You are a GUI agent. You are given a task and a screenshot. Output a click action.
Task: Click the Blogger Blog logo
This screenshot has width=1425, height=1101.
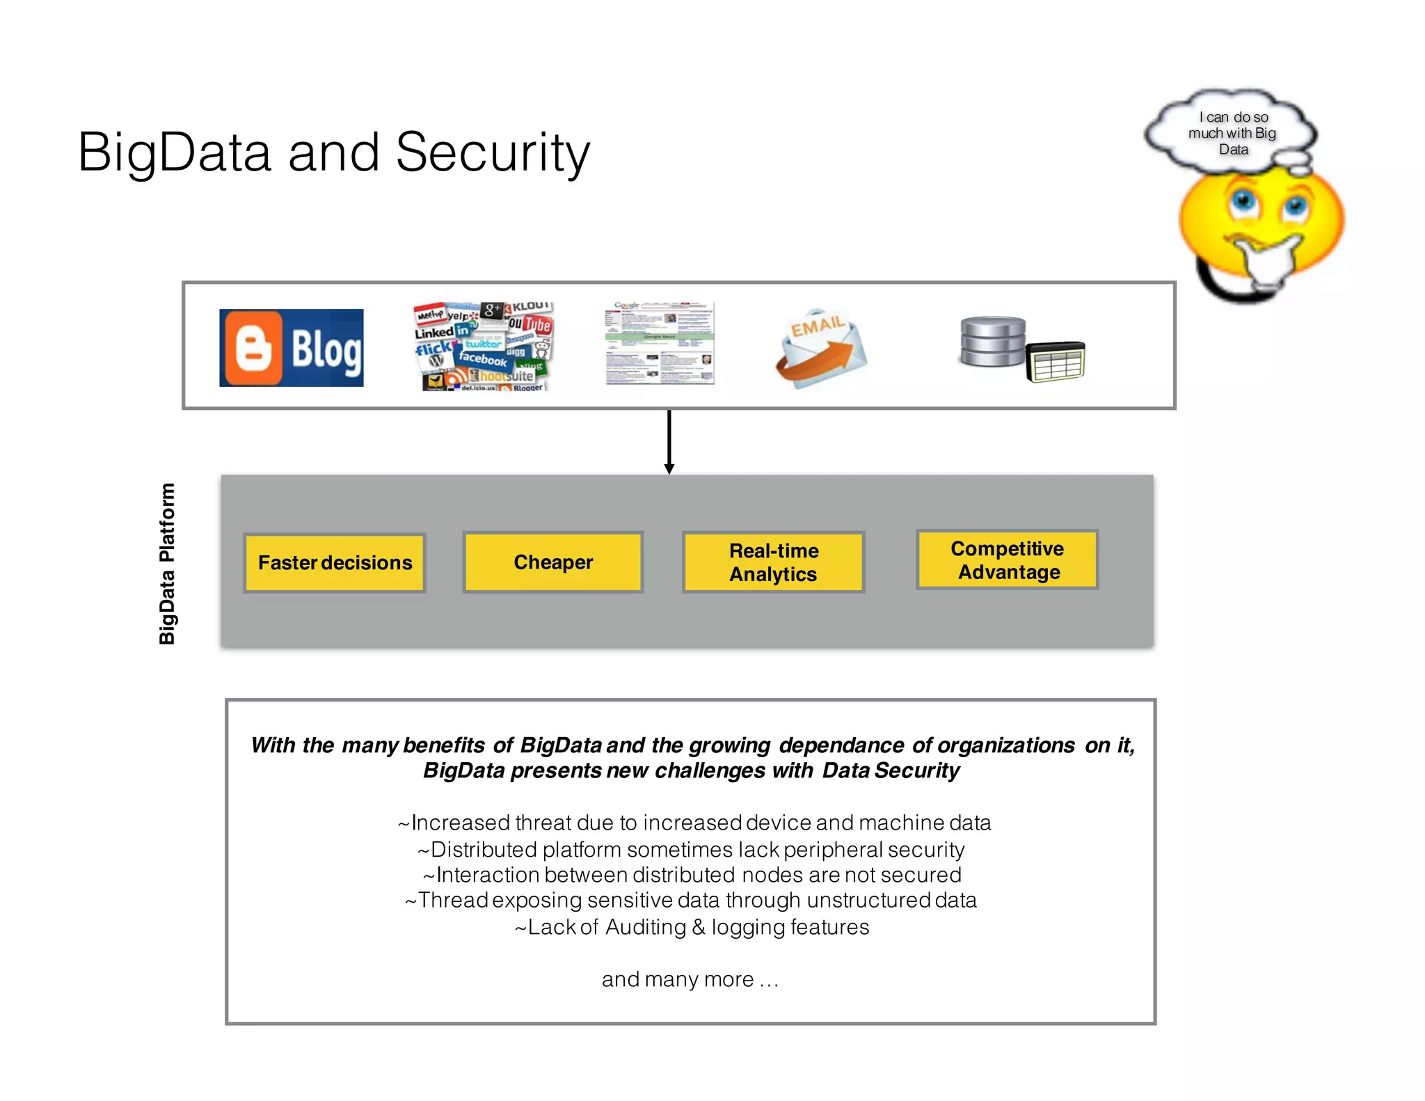[291, 348]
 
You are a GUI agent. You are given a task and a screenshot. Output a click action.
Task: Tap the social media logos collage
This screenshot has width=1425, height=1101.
[483, 347]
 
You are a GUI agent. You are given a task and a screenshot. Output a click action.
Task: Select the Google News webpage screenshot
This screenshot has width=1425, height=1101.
[660, 343]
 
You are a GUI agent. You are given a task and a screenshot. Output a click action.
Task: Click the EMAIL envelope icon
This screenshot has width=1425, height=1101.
[821, 348]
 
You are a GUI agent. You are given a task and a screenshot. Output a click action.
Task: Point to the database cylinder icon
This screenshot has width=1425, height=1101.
[992, 341]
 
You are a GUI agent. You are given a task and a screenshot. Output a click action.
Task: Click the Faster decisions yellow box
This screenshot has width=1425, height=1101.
[335, 563]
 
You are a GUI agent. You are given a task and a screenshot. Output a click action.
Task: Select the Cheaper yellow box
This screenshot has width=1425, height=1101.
[553, 562]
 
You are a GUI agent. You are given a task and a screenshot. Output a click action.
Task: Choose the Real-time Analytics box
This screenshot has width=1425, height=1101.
[774, 562]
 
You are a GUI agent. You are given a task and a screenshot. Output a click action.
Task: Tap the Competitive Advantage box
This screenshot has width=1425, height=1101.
[1007, 560]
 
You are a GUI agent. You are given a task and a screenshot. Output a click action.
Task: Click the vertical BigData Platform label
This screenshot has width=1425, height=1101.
[167, 564]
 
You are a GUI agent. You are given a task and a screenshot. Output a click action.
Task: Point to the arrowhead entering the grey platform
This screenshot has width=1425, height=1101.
[669, 470]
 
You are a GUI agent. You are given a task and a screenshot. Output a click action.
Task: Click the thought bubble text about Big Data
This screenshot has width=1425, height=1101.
[1232, 133]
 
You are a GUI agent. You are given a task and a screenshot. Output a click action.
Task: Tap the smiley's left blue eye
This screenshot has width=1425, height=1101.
[1242, 203]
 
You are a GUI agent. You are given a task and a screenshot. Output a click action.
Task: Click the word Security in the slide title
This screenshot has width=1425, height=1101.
[493, 152]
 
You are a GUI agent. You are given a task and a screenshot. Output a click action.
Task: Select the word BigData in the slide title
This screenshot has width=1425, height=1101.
[174, 152]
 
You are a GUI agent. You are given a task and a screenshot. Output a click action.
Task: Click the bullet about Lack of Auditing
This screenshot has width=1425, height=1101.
[692, 927]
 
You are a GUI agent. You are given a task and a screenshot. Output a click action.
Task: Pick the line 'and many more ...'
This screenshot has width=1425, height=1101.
[690, 979]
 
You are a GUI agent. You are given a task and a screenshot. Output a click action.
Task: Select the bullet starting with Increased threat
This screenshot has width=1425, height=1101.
[694, 823]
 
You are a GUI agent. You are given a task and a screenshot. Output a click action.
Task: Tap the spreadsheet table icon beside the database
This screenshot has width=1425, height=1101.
[1056, 362]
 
